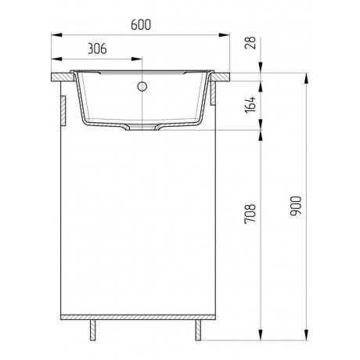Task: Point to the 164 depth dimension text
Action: [250, 104]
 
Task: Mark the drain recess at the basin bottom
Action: [143, 125]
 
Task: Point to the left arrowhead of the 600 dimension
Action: [56, 34]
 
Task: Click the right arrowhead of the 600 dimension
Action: [231, 34]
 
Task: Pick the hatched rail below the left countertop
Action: [62, 110]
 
